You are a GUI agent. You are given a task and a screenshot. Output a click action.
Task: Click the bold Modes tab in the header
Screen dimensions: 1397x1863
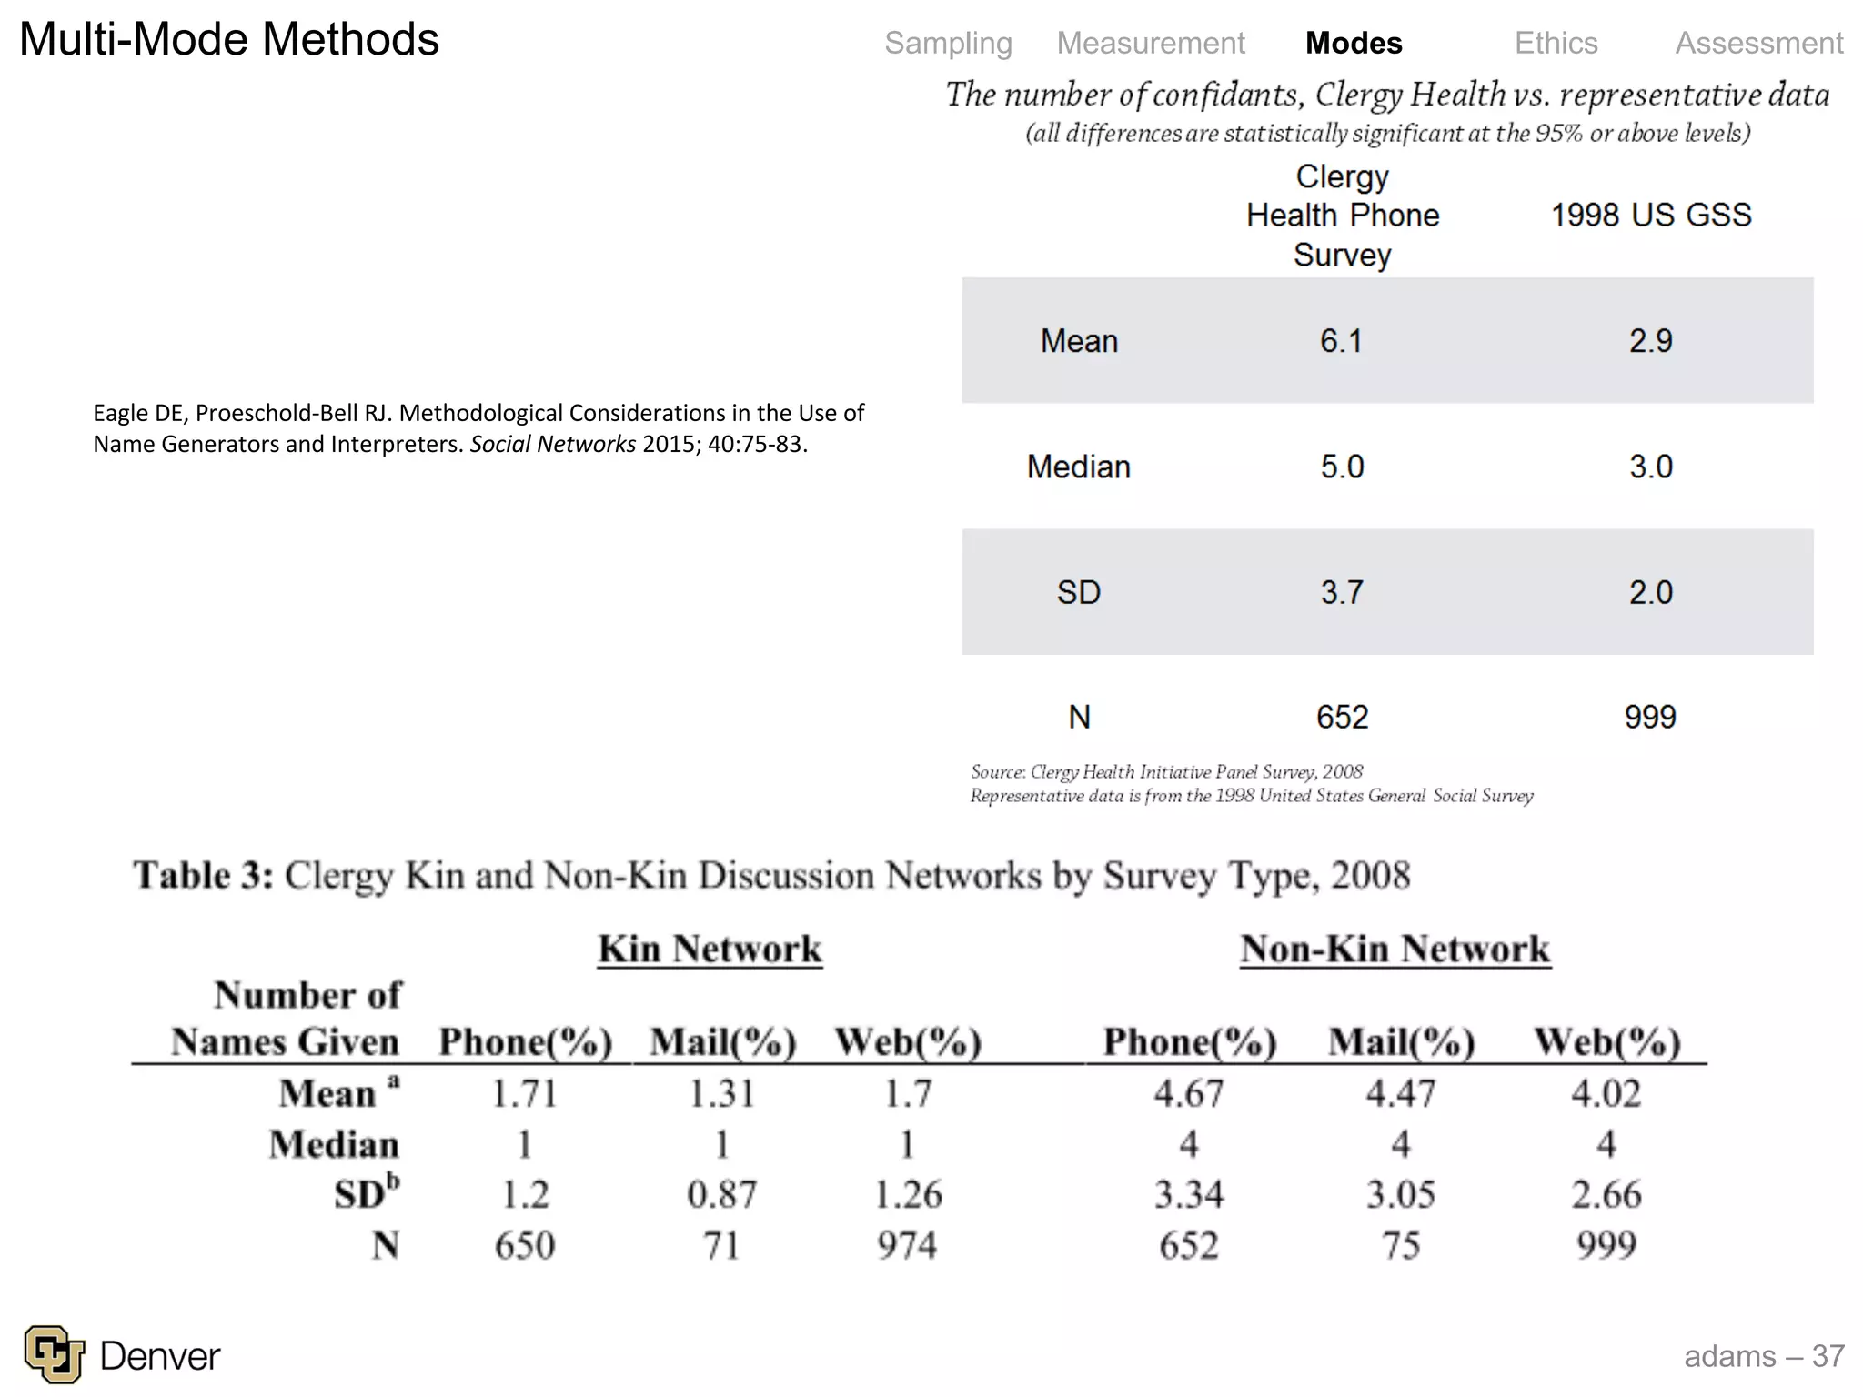point(1354,43)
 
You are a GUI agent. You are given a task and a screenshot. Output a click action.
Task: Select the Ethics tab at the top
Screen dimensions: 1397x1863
point(1556,43)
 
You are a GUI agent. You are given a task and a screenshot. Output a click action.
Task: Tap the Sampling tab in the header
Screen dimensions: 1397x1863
point(948,43)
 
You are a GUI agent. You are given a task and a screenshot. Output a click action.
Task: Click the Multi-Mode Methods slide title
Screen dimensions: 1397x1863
point(229,40)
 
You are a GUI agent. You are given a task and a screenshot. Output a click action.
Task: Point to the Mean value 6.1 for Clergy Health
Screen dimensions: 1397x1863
point(1341,341)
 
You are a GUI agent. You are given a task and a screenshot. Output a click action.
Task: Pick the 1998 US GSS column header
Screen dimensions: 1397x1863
point(1650,216)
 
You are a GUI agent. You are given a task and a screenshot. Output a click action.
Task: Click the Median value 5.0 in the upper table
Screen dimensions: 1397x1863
point(1342,467)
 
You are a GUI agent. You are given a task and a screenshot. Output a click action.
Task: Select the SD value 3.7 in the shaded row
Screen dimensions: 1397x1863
point(1342,592)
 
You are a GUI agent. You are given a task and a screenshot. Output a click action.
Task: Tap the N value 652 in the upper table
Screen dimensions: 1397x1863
point(1342,717)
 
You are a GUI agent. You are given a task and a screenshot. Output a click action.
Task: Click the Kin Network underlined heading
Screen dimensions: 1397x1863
point(710,950)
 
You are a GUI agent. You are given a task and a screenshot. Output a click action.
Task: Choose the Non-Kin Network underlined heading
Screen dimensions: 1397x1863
point(1395,950)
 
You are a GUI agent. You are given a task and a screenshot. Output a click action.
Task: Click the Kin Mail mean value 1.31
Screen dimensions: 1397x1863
point(721,1093)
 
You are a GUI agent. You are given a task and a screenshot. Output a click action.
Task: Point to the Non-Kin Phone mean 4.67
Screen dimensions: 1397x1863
point(1189,1093)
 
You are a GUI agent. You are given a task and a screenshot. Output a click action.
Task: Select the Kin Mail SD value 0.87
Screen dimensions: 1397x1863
point(721,1194)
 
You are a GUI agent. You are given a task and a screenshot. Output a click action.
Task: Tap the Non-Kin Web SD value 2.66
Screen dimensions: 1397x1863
point(1606,1194)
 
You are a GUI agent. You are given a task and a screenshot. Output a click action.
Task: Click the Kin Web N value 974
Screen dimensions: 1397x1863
point(907,1245)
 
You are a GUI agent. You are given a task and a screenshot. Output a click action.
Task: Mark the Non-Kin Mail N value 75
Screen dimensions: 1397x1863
point(1401,1245)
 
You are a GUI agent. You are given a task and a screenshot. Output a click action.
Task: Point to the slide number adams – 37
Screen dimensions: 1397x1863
point(1763,1356)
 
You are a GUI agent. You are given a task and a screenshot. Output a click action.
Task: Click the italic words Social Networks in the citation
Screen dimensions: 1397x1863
point(553,445)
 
